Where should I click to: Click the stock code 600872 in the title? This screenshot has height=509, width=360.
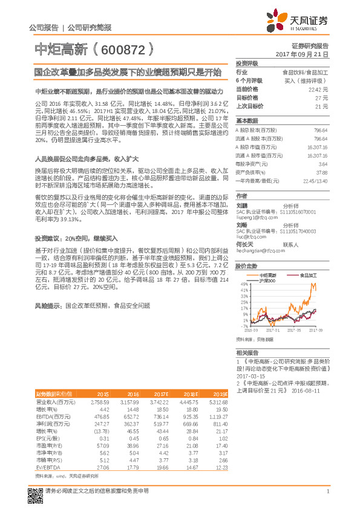[x=120, y=48]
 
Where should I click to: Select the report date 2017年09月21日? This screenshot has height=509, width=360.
[x=301, y=54]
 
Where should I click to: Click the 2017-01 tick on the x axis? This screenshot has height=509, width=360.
[x=272, y=331]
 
